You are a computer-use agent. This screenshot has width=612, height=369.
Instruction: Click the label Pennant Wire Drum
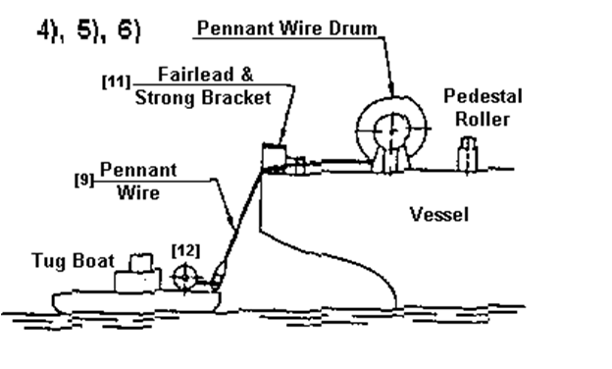pos(287,28)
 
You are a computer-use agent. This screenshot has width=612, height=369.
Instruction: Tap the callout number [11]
pos(117,81)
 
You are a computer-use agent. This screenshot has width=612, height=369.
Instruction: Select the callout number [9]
pos(84,180)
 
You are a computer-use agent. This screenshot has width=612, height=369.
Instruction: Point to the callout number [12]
pos(185,250)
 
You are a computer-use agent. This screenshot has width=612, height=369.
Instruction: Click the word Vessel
pos(439,214)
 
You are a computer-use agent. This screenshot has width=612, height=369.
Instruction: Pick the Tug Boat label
pos(74,261)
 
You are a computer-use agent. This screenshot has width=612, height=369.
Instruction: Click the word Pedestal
pos(483,96)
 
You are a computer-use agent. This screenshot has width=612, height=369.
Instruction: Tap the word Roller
pos(483,119)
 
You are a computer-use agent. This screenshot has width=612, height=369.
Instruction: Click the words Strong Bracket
pos(203,97)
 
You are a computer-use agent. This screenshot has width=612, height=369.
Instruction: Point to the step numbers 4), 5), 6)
pos(88,30)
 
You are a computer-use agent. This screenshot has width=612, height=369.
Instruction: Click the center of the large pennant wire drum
pos(392,131)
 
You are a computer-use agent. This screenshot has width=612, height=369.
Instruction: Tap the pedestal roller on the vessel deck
pos(467,154)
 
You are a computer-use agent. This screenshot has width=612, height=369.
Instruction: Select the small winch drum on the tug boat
pos(185,277)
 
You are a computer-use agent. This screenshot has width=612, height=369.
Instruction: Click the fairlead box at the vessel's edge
pos(274,157)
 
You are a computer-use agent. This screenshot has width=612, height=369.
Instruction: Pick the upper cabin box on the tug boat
pos(141,262)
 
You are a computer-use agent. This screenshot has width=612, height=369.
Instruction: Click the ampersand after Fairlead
pos(247,75)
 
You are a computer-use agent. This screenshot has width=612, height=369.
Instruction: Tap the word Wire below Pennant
pos(138,192)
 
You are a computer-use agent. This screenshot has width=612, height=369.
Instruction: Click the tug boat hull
pos(136,302)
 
